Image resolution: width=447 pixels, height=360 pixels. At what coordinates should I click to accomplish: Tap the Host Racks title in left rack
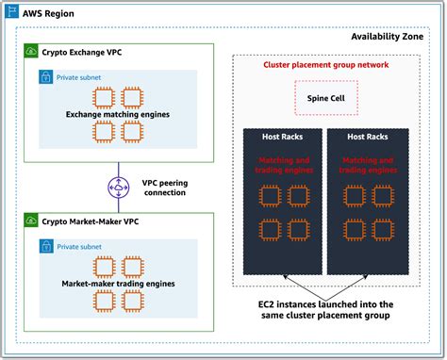[x=282, y=138]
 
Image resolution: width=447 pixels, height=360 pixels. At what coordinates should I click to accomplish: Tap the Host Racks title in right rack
[x=368, y=138]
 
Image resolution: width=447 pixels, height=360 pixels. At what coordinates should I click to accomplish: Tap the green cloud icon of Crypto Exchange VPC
[x=30, y=51]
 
